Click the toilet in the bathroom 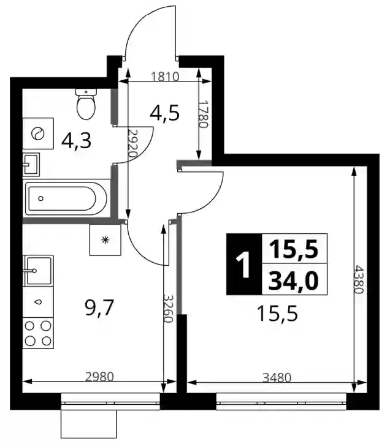coord(86,104)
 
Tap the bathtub coord(66,198)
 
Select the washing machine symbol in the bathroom coord(38,134)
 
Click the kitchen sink coord(38,271)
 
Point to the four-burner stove coord(38,333)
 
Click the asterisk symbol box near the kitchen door coord(105,240)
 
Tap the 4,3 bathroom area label coord(76,141)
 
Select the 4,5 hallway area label coord(165,113)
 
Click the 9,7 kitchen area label coord(99,309)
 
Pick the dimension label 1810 coord(165,77)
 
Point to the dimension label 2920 coord(132,143)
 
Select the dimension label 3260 coord(168,309)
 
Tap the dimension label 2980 coord(99,377)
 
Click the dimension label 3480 coord(277,378)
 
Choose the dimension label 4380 coord(359,279)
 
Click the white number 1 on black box coord(243,265)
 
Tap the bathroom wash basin coord(31,164)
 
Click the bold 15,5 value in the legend coord(293,249)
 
